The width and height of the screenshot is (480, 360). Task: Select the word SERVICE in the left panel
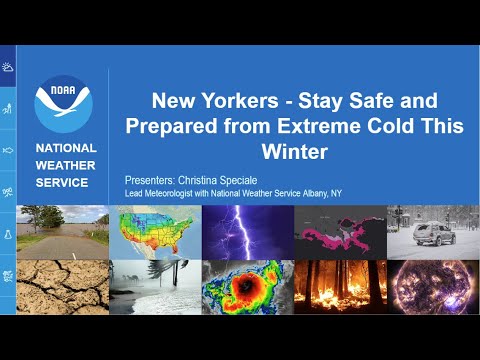[x=62, y=182]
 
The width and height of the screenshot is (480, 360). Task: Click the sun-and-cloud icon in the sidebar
[x=8, y=68]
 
